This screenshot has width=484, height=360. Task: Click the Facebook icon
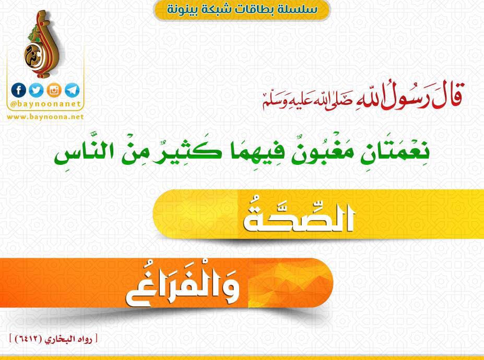18,90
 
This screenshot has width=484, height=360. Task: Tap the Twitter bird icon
37,90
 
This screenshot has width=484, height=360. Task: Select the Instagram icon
54,90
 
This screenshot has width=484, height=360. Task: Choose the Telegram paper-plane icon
72,90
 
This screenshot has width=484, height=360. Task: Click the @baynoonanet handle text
45,104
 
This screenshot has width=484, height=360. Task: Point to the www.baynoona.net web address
45,117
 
